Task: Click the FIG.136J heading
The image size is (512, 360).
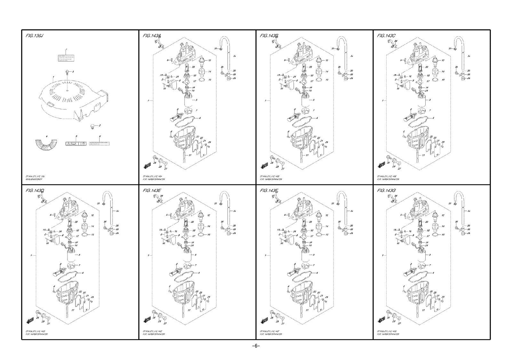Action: pyautogui.click(x=34, y=36)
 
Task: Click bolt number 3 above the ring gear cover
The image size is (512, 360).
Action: pyautogui.click(x=68, y=72)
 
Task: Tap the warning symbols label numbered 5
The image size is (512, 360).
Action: pyautogui.click(x=76, y=144)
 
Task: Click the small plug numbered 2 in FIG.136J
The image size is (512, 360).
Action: pyautogui.click(x=92, y=127)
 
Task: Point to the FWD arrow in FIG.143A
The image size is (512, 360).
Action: pyautogui.click(x=148, y=165)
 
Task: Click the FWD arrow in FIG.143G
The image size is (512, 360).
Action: pyautogui.click(x=382, y=320)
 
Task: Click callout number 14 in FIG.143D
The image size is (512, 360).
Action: pyautogui.click(x=92, y=226)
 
